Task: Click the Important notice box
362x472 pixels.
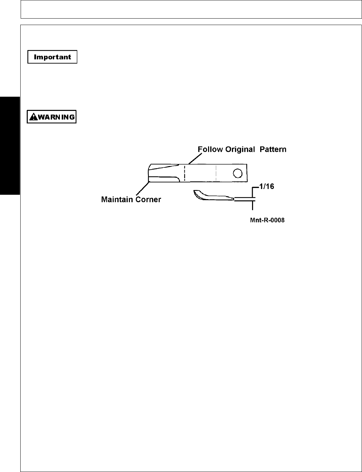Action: tap(52, 57)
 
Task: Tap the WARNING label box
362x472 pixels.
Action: tap(52, 117)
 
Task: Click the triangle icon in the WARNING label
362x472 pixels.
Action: tap(33, 117)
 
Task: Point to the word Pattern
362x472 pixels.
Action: tap(273, 149)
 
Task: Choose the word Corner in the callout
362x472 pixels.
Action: tap(148, 199)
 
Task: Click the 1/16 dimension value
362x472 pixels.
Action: tap(267, 186)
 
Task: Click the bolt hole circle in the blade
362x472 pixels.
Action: tap(237, 173)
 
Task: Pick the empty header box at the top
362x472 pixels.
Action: tap(191, 9)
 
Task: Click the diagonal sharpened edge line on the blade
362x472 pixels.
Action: tap(164, 167)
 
